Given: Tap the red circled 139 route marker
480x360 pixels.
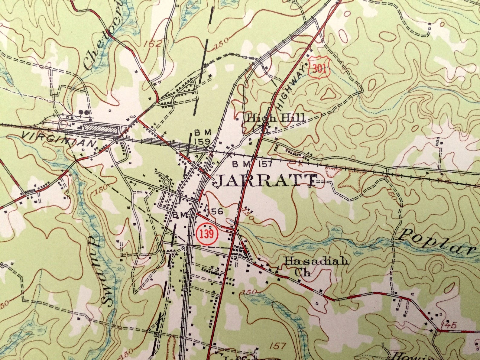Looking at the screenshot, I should point(207,234).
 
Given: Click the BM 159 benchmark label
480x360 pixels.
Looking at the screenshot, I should point(202,137).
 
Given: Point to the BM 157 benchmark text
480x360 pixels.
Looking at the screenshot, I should point(252,164).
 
